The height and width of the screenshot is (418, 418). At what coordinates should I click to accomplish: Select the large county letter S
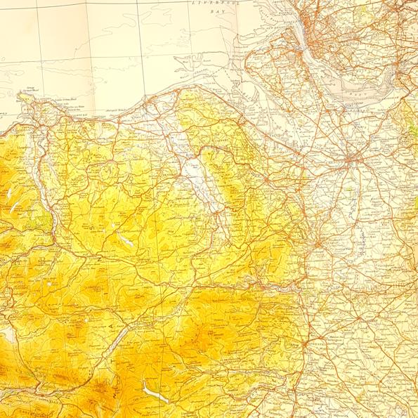91,228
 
